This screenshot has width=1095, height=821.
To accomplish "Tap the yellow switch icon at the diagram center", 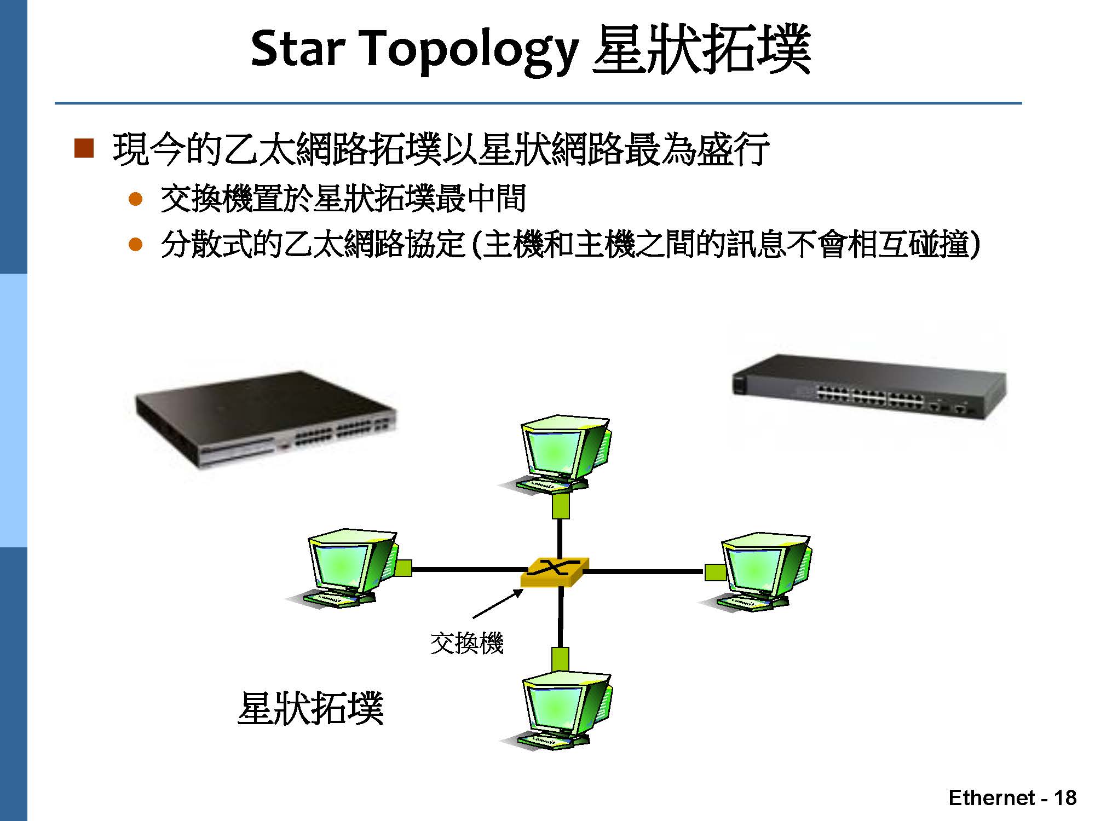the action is coord(555,572).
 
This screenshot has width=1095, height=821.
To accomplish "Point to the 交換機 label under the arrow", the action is coord(466,643).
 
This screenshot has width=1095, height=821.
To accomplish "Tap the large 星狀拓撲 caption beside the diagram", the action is coord(310,708).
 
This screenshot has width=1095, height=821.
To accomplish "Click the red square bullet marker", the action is coord(84,148).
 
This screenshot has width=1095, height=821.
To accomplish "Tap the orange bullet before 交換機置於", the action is coord(135,199).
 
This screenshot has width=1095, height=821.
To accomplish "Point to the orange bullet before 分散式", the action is coord(135,244).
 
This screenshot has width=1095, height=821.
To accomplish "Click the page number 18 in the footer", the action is coord(1065,797).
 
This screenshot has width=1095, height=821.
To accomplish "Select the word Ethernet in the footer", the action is coord(992,797).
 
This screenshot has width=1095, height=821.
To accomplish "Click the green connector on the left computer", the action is coord(403,568).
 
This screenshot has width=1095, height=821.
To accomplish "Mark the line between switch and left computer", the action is coord(466,570).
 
